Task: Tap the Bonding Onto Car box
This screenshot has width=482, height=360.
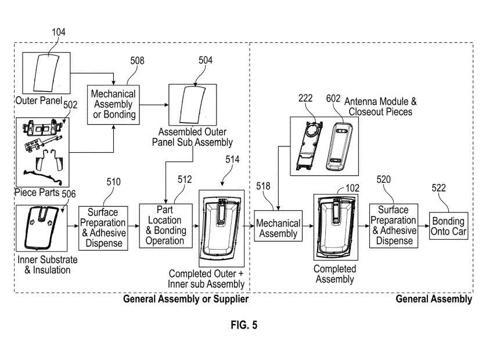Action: click(448, 226)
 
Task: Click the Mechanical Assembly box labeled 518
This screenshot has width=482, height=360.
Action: click(279, 228)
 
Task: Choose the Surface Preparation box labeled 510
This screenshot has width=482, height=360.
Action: click(102, 226)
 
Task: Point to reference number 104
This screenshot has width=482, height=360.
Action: click(58, 33)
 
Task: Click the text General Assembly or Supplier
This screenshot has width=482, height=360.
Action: click(186, 300)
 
